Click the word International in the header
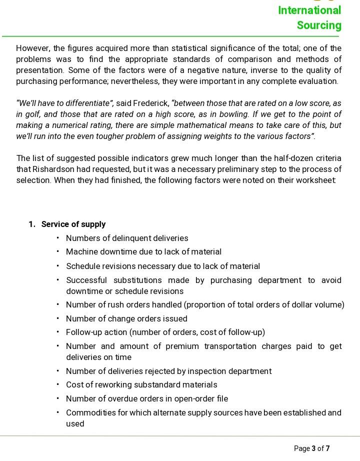[x=309, y=10]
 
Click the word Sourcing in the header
[x=319, y=25]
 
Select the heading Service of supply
[x=73, y=224]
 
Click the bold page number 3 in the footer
[x=313, y=448]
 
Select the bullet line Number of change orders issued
[x=126, y=319]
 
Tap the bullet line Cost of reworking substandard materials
[x=141, y=385]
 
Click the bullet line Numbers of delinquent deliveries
[x=127, y=238]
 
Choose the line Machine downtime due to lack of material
[x=143, y=252]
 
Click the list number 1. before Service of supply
[x=32, y=224]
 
